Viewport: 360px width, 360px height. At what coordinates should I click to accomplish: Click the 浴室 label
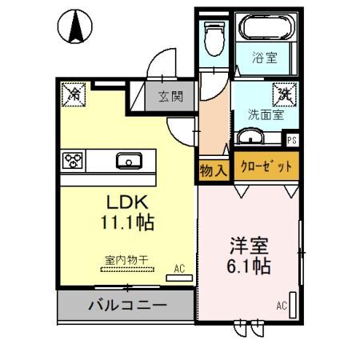(265, 58)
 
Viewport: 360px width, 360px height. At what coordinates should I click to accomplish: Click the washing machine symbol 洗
(282, 94)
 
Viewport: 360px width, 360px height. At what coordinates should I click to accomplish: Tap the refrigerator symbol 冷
(71, 93)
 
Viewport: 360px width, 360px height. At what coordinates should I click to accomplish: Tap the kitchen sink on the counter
(128, 161)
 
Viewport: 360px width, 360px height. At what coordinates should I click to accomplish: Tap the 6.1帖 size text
(247, 265)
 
